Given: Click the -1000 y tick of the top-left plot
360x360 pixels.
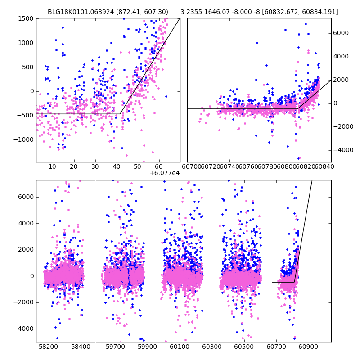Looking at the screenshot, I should point(23,139).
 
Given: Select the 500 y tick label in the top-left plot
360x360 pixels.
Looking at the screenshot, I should point(28,67).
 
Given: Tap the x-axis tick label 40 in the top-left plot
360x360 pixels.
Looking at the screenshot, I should point(116,167).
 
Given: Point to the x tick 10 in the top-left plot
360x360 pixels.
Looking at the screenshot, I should point(52,167).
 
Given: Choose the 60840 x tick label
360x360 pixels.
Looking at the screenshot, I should point(325,167).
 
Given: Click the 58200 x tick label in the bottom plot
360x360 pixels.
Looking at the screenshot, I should point(48,347).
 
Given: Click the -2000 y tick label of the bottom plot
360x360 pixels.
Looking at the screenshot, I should point(23,302).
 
